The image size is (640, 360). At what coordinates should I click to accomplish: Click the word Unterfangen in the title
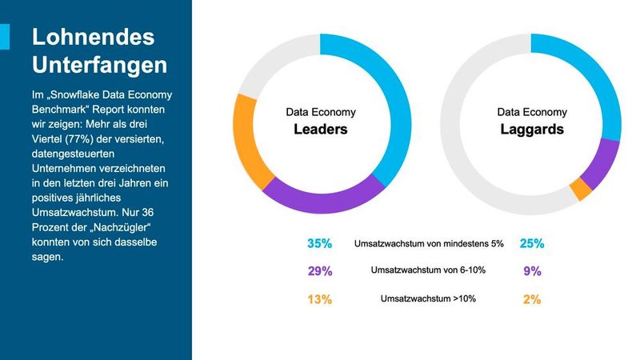coord(98,63)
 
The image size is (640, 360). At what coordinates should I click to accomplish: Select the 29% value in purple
coord(320,271)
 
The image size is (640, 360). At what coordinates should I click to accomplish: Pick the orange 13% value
coord(320,299)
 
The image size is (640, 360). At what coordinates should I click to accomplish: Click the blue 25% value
coord(531,243)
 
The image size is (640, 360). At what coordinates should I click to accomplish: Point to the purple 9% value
coord(532,271)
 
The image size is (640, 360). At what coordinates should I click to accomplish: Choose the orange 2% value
coord(532,299)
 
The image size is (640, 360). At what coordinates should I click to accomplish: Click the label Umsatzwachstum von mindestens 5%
coord(429,243)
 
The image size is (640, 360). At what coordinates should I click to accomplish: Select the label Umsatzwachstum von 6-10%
coord(428,271)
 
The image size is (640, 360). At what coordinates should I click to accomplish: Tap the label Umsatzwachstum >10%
coord(428,299)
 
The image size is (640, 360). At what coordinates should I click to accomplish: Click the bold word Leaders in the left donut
coord(321,129)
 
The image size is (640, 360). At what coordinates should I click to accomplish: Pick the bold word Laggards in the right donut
coord(532,129)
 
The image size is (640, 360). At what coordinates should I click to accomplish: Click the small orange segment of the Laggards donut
coord(581,190)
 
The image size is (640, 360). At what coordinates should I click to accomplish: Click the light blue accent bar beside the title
coord(5,37)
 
